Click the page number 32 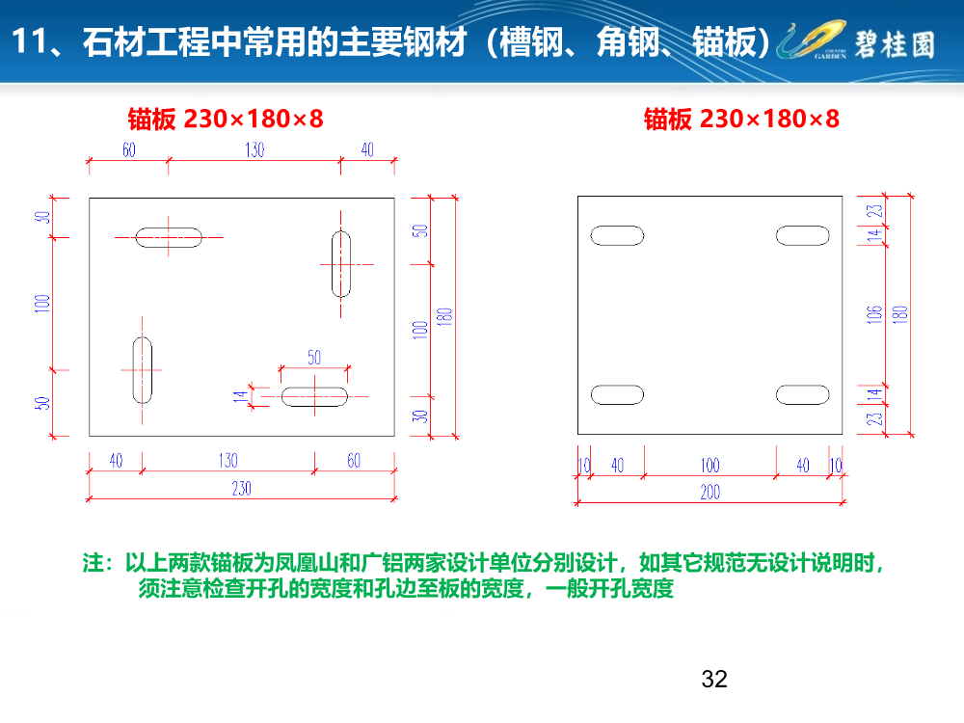[714, 679]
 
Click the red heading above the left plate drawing [226, 119]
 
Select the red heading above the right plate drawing [741, 119]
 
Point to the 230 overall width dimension [241, 488]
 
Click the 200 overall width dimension [710, 493]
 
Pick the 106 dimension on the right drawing [874, 313]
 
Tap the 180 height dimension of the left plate [445, 316]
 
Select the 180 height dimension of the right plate [900, 313]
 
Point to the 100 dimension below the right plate [710, 466]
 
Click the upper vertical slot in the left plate [341, 263]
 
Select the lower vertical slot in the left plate [143, 370]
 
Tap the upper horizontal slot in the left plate [169, 237]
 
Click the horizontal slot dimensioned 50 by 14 [314, 395]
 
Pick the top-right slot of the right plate [802, 234]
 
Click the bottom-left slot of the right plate [617, 394]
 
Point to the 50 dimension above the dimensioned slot [314, 357]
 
